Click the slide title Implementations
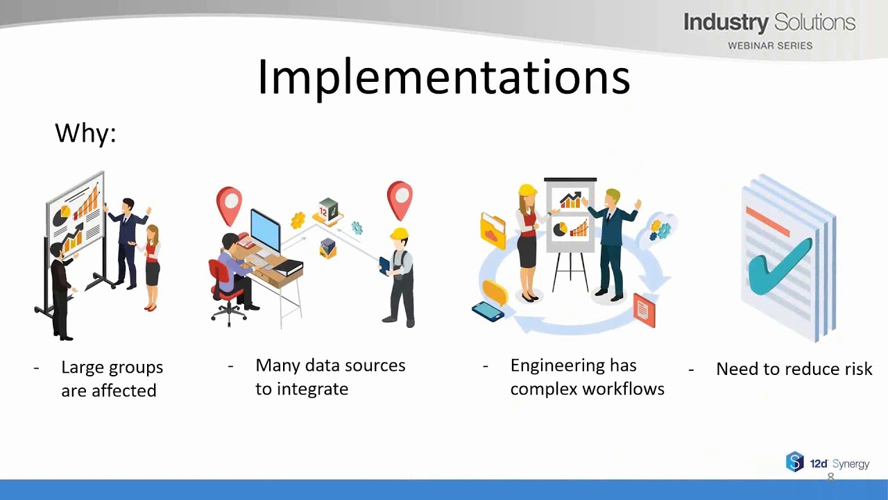(443, 76)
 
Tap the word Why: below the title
(85, 133)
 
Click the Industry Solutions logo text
(769, 23)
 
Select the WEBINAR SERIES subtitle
(769, 46)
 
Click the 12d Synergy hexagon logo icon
(794, 462)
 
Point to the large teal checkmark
(780, 264)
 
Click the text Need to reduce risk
(794, 369)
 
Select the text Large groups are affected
(111, 378)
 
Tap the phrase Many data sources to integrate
(330, 377)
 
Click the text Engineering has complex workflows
(586, 377)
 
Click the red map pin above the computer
(229, 203)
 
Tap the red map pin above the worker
(400, 199)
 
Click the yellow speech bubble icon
(495, 292)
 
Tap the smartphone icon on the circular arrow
(488, 311)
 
